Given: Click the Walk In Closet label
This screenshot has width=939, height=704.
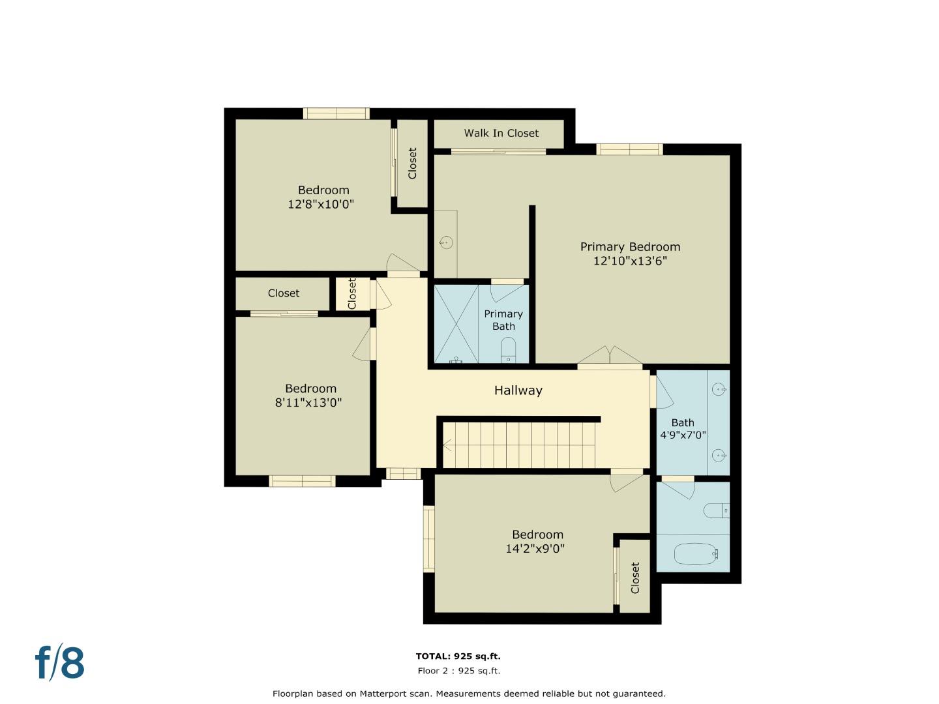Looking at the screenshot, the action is click(x=501, y=134).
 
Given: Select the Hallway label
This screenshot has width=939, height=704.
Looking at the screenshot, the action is click(x=518, y=390).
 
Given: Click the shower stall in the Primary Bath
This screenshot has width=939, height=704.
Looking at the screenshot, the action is click(x=456, y=324).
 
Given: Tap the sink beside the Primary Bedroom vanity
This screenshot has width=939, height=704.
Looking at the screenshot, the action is click(x=446, y=242).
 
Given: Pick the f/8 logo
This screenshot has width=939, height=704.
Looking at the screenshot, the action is click(x=59, y=662).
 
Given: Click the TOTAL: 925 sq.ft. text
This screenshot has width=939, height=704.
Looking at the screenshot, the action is click(x=458, y=656).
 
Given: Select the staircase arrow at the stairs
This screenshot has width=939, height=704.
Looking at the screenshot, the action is click(x=447, y=445).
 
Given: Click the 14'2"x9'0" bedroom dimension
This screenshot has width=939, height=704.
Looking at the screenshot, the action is click(x=535, y=549).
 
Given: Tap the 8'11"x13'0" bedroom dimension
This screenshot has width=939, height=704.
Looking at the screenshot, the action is click(x=308, y=403).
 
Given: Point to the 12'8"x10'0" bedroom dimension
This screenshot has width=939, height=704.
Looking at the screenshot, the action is click(x=320, y=204).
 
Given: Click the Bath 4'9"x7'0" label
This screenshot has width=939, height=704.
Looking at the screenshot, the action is click(x=683, y=429).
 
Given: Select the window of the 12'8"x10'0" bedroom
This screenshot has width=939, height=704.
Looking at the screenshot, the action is click(x=336, y=113).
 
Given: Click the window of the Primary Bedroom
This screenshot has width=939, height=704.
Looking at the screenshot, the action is click(x=629, y=149).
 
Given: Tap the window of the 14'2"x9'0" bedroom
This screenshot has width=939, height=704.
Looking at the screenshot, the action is click(x=428, y=538).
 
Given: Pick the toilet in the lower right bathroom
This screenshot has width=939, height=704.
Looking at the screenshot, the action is click(x=716, y=510).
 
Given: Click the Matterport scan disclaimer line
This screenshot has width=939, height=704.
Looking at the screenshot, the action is click(x=469, y=694).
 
